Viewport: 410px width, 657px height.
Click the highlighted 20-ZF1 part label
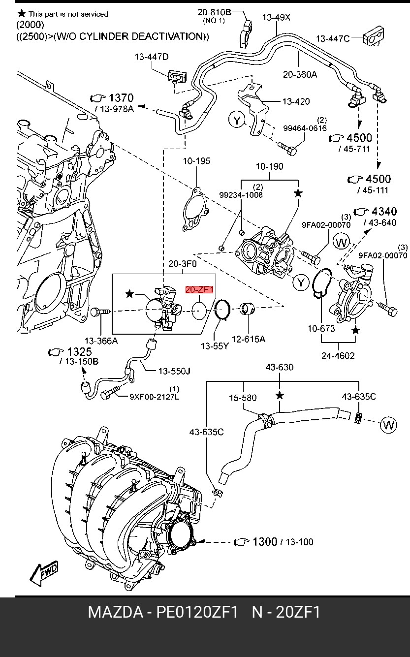tap(199, 289)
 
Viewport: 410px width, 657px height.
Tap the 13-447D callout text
tap(152, 57)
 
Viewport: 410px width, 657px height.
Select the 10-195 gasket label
tap(196, 161)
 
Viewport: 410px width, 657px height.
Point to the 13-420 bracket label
tap(296, 101)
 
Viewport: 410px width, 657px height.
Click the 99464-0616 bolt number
tap(305, 128)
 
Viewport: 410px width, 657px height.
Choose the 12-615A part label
tap(249, 339)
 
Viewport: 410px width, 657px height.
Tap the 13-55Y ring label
tap(215, 346)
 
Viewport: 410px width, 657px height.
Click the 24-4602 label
tap(338, 356)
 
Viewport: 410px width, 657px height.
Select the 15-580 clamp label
tap(243, 398)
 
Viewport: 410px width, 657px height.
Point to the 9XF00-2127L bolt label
tap(155, 397)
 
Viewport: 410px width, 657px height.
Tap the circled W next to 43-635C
tap(389, 425)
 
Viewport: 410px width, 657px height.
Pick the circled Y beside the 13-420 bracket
tap(237, 120)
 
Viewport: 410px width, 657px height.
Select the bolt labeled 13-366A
tap(100, 312)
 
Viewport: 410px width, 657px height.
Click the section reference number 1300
tap(265, 541)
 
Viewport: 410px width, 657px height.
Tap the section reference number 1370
tap(121, 97)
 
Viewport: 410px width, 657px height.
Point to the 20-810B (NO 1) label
tap(214, 16)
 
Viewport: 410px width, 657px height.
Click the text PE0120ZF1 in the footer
tap(197, 612)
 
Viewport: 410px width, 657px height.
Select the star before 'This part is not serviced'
tap(21, 13)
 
